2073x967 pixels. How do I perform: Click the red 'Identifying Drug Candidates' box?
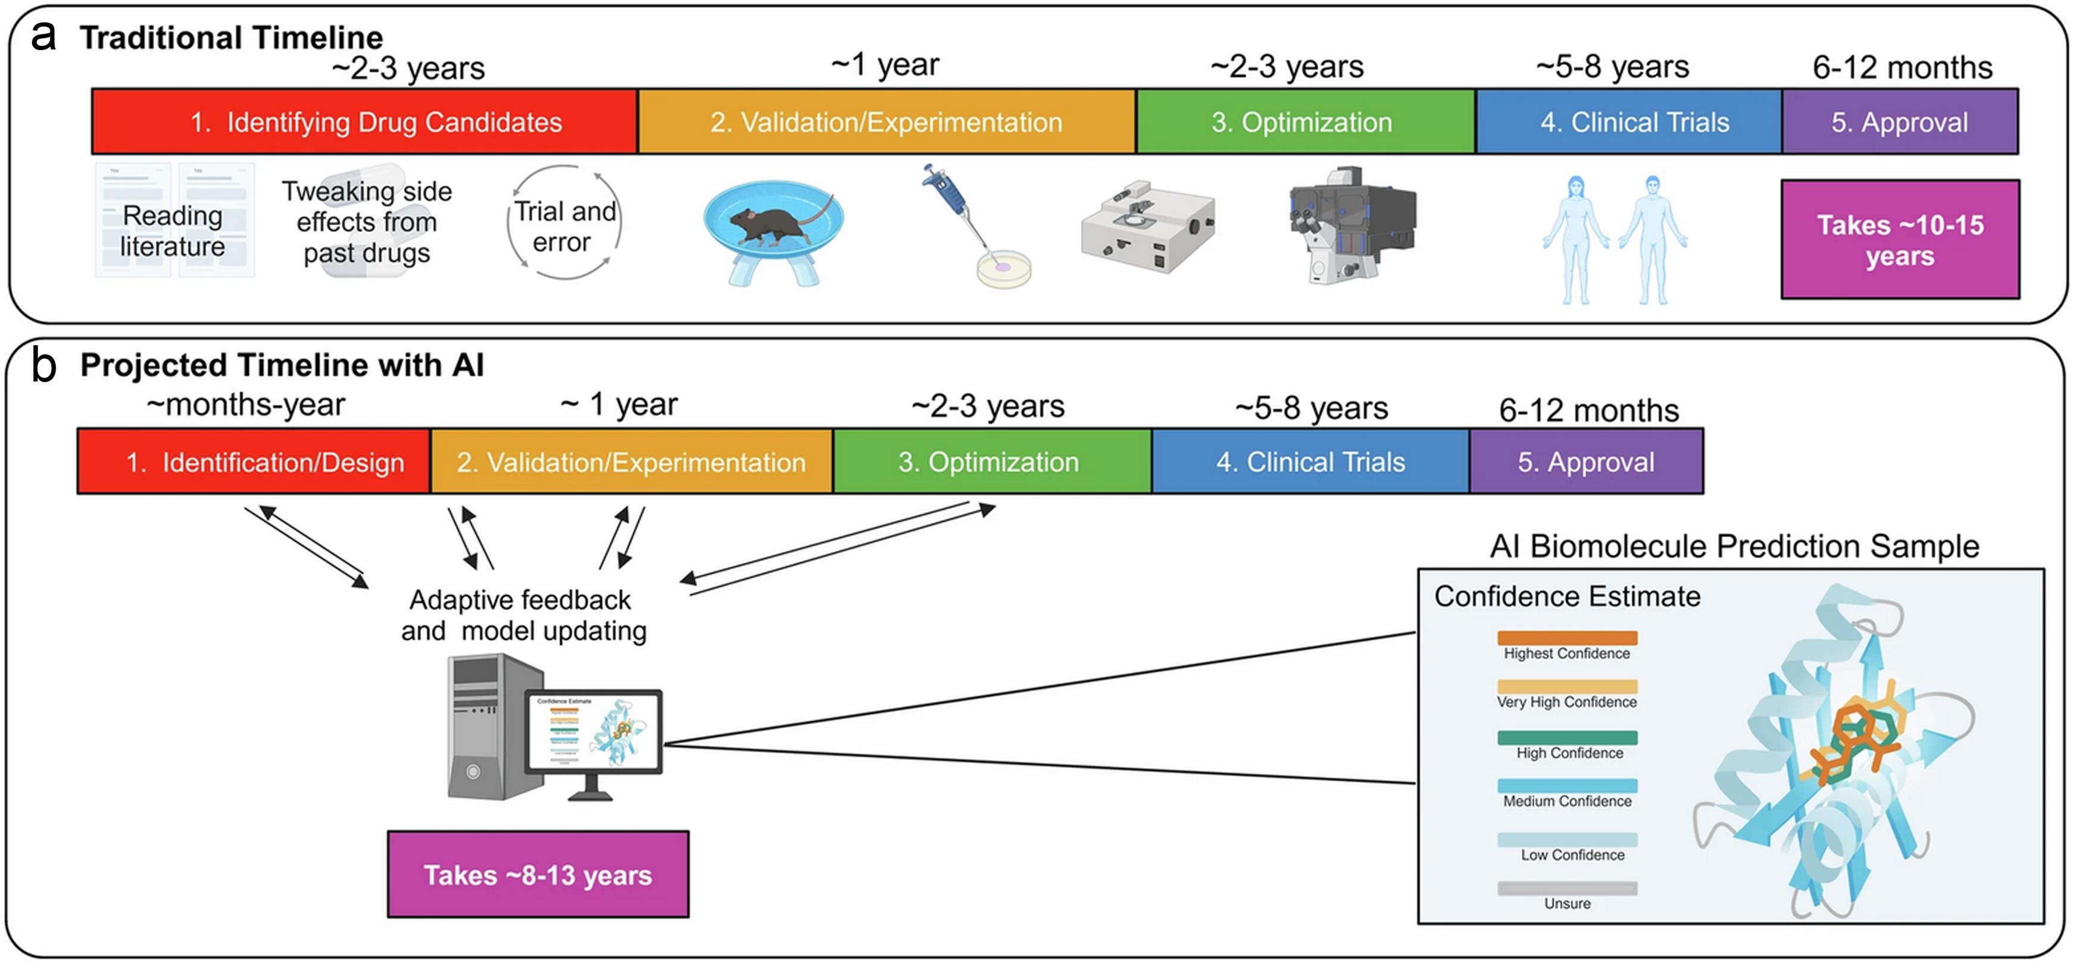364,121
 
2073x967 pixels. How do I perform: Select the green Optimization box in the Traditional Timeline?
1304,121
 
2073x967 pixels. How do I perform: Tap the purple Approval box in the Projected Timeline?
1585,462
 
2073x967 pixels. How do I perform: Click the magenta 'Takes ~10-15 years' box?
1899,240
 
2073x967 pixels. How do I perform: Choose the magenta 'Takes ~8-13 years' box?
538,875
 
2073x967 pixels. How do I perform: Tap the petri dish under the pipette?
1004,270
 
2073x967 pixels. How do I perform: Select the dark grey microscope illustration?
1352,221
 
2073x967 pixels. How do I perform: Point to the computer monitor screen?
594,731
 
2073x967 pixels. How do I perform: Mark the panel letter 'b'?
43,366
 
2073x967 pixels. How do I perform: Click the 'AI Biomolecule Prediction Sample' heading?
1734,546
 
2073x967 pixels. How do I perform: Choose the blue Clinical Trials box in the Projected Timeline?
1310,462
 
